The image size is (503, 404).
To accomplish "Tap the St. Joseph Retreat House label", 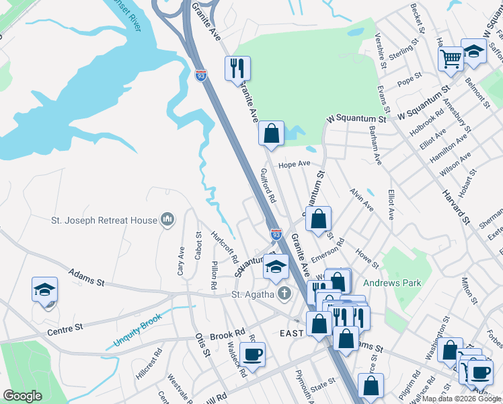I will click(x=104, y=220).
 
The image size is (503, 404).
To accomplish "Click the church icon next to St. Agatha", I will click(x=284, y=294).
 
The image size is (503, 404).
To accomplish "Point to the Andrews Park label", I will click(x=393, y=283).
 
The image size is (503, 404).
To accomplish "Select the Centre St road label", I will click(x=65, y=329).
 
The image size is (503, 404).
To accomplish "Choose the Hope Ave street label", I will click(x=294, y=164).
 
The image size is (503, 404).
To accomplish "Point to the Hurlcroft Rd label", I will click(x=225, y=247).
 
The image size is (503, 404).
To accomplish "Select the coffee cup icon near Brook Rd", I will click(x=253, y=355).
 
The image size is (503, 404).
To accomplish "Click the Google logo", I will click(x=23, y=396).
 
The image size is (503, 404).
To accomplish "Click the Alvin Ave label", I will click(x=361, y=200).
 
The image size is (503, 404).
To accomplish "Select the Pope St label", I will click(x=409, y=81).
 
